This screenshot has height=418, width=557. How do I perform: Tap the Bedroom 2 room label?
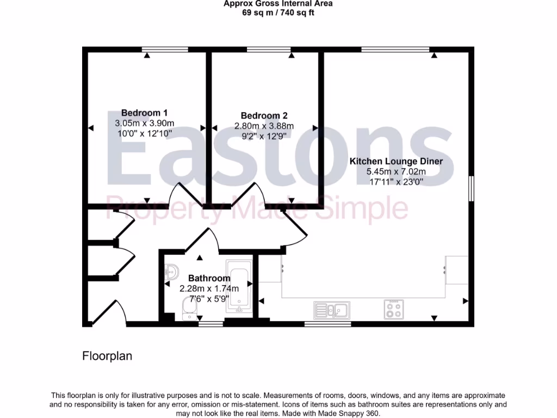pyautogui.click(x=264, y=115)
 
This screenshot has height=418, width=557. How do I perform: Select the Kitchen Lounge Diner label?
pyautogui.click(x=395, y=161)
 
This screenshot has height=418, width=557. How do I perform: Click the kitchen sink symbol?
pyautogui.click(x=332, y=310)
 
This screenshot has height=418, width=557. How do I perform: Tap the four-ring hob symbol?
pyautogui.click(x=393, y=309)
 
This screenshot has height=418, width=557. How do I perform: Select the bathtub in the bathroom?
pyautogui.click(x=238, y=288)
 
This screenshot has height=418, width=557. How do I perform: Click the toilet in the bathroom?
pyautogui.click(x=190, y=309)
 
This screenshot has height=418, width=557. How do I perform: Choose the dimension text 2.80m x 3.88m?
pyautogui.click(x=264, y=126)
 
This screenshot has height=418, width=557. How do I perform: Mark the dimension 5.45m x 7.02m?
pyautogui.click(x=395, y=171)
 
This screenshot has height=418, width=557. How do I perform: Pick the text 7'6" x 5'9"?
pyautogui.click(x=201, y=298)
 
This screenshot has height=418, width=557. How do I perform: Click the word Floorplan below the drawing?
pyautogui.click(x=107, y=356)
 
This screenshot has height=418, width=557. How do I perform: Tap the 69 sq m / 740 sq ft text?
pyautogui.click(x=278, y=13)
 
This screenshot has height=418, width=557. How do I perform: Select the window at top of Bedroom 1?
pyautogui.click(x=165, y=50)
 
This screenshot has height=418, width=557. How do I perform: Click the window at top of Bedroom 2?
pyautogui.click(x=269, y=50)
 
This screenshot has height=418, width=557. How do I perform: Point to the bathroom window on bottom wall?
pyautogui.click(x=211, y=324)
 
